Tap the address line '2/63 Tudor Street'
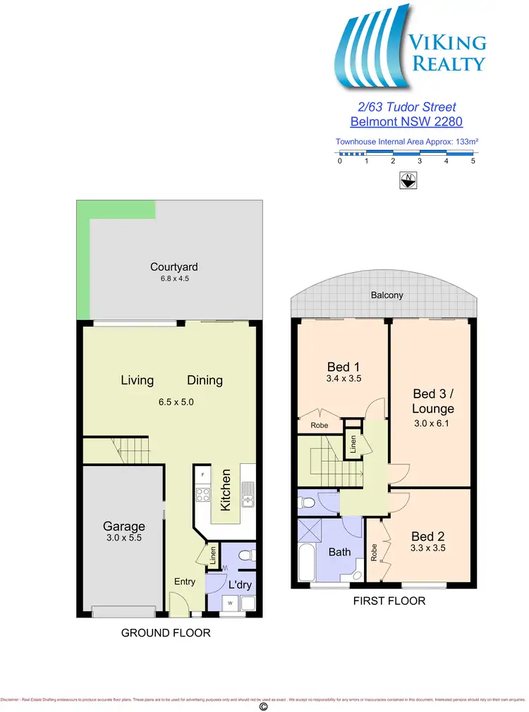point(405,107)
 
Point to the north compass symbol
point(406,180)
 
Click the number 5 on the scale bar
point(473,161)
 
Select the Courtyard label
point(174,267)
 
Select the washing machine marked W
point(230,603)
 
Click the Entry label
point(185,582)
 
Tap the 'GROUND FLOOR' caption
point(166,633)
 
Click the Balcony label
point(387,295)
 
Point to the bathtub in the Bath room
point(308,564)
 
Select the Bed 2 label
point(428,535)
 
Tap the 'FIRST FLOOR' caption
point(389,601)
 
